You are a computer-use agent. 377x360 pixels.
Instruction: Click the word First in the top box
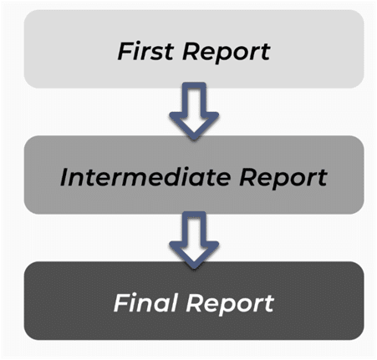145,51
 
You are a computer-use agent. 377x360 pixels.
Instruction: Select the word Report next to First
227,53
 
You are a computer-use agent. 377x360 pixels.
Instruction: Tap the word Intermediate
145,177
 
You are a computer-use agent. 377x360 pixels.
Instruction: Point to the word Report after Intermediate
283,179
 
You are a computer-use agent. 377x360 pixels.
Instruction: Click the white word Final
145,302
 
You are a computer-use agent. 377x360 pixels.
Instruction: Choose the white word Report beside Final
230,305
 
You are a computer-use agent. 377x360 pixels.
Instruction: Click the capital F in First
125,51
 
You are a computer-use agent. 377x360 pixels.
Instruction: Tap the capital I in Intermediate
65,177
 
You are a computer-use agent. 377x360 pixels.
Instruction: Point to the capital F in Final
123,302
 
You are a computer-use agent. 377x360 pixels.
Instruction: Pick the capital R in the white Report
195,303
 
